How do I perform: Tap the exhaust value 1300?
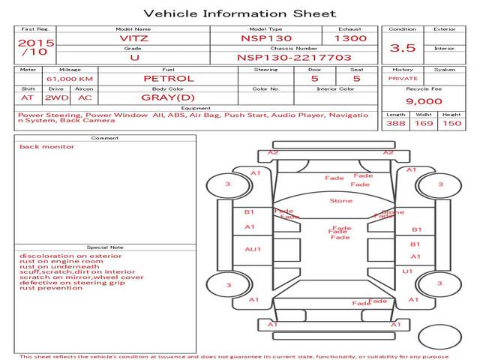coord(350,37)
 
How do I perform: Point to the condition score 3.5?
coord(403,48)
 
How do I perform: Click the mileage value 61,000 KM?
coord(70,78)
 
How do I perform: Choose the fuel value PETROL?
coord(168,78)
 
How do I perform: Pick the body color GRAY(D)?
coord(168,98)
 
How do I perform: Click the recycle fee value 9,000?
coord(423,101)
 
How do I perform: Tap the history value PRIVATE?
coord(403,78)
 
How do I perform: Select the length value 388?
coord(395,123)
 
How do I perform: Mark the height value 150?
coord(451,123)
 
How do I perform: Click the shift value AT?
coord(28,98)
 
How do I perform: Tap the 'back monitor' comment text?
coord(46,146)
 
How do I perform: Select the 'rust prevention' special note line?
coord(51,288)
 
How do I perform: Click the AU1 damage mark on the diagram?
coord(253,249)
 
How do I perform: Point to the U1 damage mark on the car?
coord(408,271)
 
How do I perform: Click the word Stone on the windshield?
coord(340,201)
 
